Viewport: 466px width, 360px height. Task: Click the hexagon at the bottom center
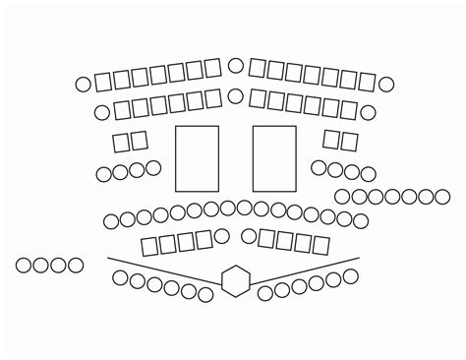pos(235,280)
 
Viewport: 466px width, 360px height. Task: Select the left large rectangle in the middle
pos(197,158)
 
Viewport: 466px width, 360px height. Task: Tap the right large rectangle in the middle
pos(274,158)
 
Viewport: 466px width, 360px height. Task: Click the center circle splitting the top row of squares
pos(236,66)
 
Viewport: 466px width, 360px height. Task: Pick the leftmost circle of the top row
pos(83,83)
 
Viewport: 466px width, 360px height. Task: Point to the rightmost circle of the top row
pos(386,85)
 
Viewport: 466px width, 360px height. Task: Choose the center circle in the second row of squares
pos(236,97)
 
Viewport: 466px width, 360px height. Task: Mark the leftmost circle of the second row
pos(101,112)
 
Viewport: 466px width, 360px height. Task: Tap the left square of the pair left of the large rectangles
pos(121,143)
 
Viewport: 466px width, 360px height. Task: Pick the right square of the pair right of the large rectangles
pos(349,142)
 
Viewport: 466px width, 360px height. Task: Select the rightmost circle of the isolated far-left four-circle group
pos(75,265)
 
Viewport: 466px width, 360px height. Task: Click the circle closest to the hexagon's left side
pos(206,294)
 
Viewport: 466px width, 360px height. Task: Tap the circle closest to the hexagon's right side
pos(264,293)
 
